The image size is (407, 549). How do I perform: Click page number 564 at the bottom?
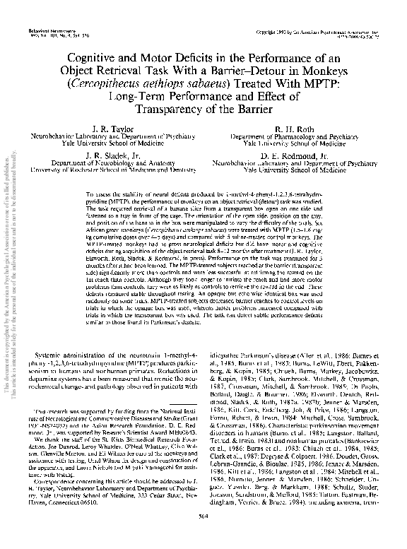pos(203,537)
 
